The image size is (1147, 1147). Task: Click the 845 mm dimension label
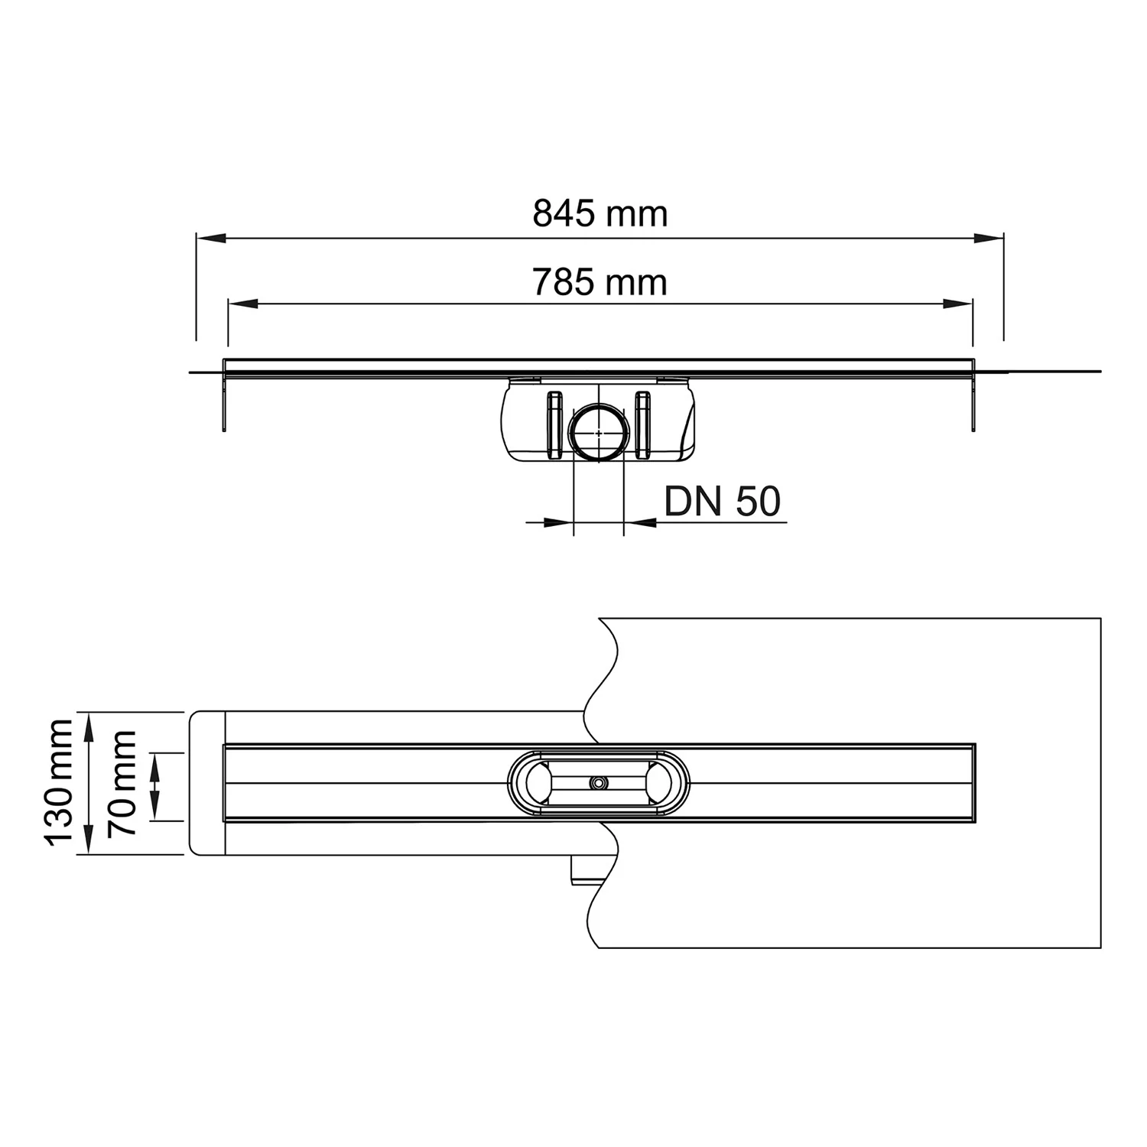(599, 214)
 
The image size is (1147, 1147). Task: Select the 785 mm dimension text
(599, 283)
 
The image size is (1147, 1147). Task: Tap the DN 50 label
(722, 502)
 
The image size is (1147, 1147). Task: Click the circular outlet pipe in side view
(599, 433)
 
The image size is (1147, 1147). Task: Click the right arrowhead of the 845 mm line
(989, 239)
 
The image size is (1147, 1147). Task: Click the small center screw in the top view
(597, 783)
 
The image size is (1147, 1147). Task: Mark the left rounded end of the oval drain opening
(528, 783)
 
